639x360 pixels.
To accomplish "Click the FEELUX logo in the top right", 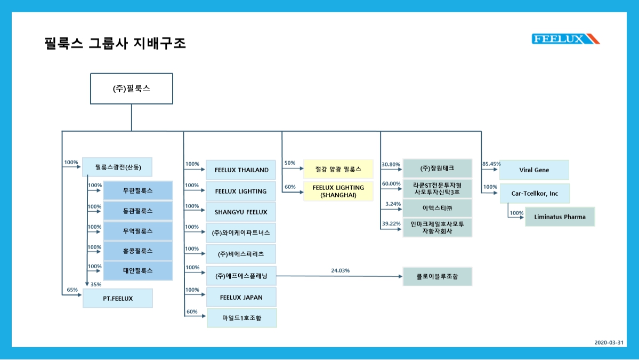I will (565, 39).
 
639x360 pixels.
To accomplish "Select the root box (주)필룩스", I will (131, 89).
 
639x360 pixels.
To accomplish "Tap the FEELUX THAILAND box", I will (241, 170).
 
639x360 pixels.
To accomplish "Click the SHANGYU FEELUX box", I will (241, 212).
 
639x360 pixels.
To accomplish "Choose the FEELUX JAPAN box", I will (241, 297).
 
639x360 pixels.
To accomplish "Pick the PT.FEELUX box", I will (118, 299).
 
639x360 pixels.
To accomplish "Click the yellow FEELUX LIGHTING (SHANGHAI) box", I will (338, 191).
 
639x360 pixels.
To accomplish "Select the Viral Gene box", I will (534, 170).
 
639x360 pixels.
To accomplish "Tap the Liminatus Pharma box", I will (560, 217).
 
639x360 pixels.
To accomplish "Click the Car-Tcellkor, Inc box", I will (535, 194).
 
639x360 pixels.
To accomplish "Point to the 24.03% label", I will (340, 271).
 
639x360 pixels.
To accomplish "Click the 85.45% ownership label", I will (491, 164).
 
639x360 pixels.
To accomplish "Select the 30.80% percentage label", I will (391, 164).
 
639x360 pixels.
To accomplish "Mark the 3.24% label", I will (393, 204).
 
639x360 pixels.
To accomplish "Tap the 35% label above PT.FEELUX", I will (96, 284).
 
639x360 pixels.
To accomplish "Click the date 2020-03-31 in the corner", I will (609, 342).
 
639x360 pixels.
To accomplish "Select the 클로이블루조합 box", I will (437, 277).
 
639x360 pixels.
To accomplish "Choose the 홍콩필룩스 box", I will (137, 251).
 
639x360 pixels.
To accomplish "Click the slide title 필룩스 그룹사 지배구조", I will (115, 43).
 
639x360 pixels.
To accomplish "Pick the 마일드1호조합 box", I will (241, 318).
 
